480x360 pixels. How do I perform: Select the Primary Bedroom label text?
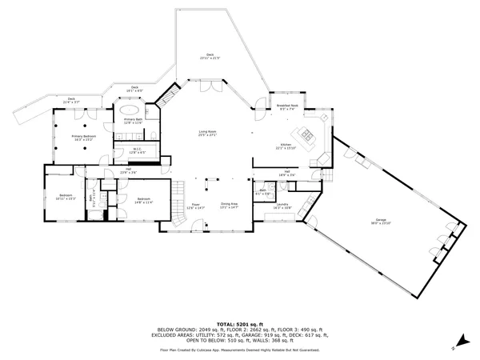pyautogui.click(x=83, y=138)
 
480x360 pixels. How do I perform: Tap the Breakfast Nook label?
pyautogui.click(x=287, y=107)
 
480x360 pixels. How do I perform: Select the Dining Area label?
pyautogui.click(x=230, y=206)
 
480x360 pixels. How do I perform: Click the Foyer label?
pyautogui.click(x=195, y=206)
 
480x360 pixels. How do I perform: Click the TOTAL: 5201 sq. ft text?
pyautogui.click(x=240, y=323)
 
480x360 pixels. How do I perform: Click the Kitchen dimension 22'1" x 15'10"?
pyautogui.click(x=286, y=146)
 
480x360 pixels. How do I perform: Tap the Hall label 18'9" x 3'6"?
pyautogui.click(x=286, y=173)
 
